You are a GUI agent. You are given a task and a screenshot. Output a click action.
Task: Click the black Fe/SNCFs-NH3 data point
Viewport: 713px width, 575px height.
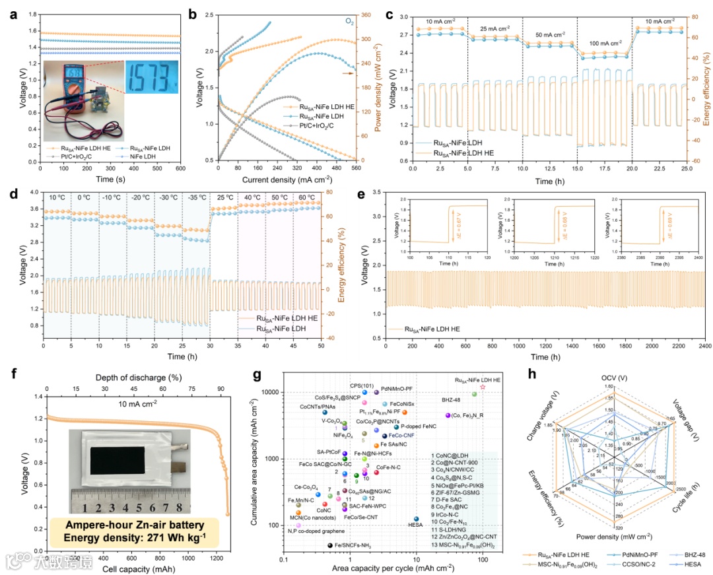(329, 545)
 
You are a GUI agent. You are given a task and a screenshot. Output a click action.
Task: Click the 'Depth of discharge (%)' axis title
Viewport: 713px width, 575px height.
(136, 376)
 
